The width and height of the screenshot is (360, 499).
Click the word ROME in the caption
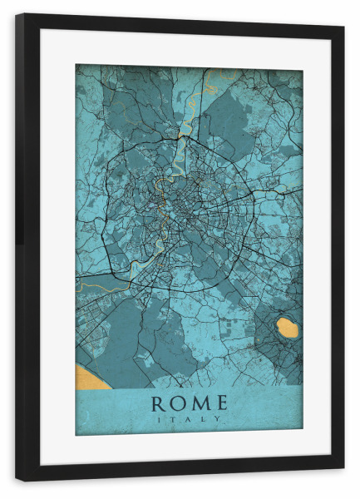point(188,404)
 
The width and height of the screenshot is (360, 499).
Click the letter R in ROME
point(158,404)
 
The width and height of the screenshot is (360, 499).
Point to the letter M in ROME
point(200,404)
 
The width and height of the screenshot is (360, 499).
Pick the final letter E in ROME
point(219,404)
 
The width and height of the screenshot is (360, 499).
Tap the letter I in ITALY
point(159,420)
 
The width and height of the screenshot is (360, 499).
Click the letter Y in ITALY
point(219,420)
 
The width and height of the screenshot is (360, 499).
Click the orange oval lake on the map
point(288,328)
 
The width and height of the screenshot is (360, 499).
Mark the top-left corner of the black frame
point(17,15)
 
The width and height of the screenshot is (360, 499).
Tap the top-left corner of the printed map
point(76,65)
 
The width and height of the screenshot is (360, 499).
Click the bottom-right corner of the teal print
point(303,435)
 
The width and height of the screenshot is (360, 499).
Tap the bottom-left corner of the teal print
point(76,435)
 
